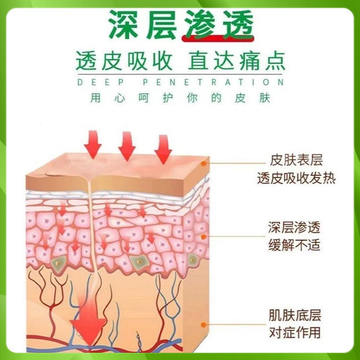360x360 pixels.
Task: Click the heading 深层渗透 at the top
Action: tap(181, 25)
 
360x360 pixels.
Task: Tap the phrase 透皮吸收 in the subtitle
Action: tap(124, 61)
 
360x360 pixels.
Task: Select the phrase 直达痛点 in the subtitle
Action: tap(237, 61)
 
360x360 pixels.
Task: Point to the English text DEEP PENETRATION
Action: tap(181, 82)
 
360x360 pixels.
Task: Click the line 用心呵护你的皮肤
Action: tap(180, 98)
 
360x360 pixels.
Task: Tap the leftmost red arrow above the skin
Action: tap(93, 144)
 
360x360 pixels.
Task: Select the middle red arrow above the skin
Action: tap(127, 146)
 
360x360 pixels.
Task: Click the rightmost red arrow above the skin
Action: tap(163, 149)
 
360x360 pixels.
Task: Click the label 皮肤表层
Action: tap(297, 160)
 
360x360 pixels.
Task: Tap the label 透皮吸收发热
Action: tap(297, 178)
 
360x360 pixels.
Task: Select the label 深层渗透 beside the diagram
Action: tap(294, 228)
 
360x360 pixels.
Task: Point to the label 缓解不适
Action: tap(294, 245)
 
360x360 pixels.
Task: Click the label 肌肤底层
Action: tap(295, 315)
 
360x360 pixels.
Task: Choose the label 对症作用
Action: tap(295, 333)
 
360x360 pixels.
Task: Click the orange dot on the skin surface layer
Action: tap(203, 163)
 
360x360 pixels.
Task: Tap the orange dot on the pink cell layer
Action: tap(203, 237)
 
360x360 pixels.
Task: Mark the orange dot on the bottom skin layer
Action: tap(203, 324)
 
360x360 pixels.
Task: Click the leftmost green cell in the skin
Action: tap(58, 264)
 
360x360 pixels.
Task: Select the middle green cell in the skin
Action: tap(139, 262)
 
